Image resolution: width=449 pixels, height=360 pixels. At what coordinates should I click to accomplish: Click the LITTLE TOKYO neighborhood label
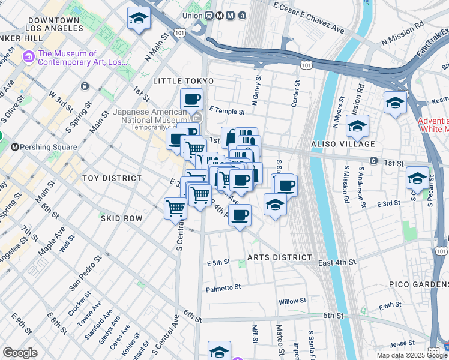pos(183,80)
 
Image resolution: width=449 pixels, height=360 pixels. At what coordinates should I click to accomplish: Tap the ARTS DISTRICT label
pos(280,257)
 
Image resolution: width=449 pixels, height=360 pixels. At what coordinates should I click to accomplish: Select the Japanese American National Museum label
pos(150,116)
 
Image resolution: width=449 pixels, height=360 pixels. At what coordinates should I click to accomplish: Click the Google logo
pos(20,353)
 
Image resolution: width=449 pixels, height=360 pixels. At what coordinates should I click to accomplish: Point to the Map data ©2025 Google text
pos(411,355)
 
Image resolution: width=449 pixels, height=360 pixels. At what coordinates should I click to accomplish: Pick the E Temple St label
pos(228,112)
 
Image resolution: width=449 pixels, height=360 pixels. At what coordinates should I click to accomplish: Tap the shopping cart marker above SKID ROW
pos(175,209)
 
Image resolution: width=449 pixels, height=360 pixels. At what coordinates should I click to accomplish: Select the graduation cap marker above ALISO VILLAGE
pos(357,126)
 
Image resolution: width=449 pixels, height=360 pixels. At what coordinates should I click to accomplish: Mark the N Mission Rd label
pos(402,43)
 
